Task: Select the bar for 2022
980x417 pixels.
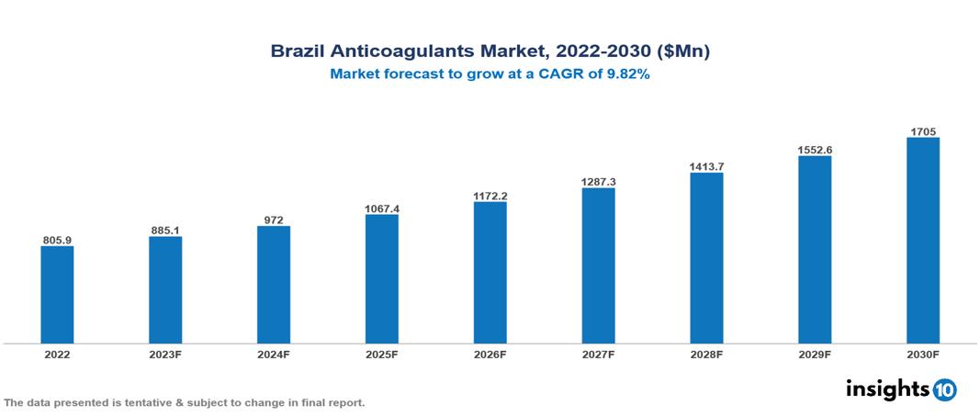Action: click(57, 295)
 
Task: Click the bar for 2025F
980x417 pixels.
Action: click(381, 279)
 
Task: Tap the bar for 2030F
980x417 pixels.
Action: click(922, 241)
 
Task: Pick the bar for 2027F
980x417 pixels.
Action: click(598, 265)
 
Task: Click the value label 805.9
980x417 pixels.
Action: click(57, 240)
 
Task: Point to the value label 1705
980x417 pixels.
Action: click(922, 131)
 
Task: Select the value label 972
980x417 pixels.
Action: click(274, 220)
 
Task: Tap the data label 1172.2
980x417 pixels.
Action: click(490, 196)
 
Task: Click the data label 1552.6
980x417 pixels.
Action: click(815, 150)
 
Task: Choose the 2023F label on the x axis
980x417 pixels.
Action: click(165, 354)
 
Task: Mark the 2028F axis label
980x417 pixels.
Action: click(706, 354)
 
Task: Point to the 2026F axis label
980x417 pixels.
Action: click(490, 354)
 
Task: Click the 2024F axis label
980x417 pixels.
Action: click(274, 354)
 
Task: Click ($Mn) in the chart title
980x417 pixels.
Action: click(679, 51)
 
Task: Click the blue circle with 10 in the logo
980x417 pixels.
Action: click(944, 389)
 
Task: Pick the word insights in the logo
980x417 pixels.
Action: click(887, 389)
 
